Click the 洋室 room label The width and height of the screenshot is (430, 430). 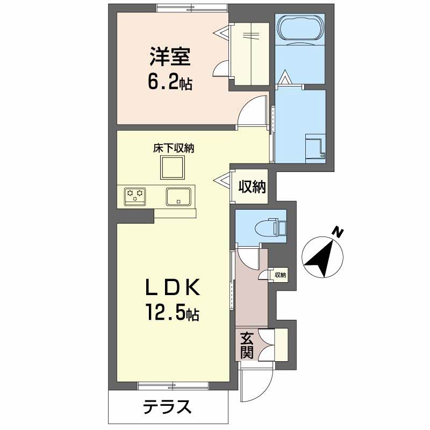(x=168, y=57)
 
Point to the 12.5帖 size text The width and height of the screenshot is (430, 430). (x=171, y=313)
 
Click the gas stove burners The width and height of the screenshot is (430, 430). (x=135, y=195)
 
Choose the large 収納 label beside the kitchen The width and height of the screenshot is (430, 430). (x=252, y=187)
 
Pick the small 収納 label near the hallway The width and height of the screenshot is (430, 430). (x=280, y=275)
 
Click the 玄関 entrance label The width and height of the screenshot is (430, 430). (x=247, y=345)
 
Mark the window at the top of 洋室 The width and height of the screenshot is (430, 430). (x=191, y=7)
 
